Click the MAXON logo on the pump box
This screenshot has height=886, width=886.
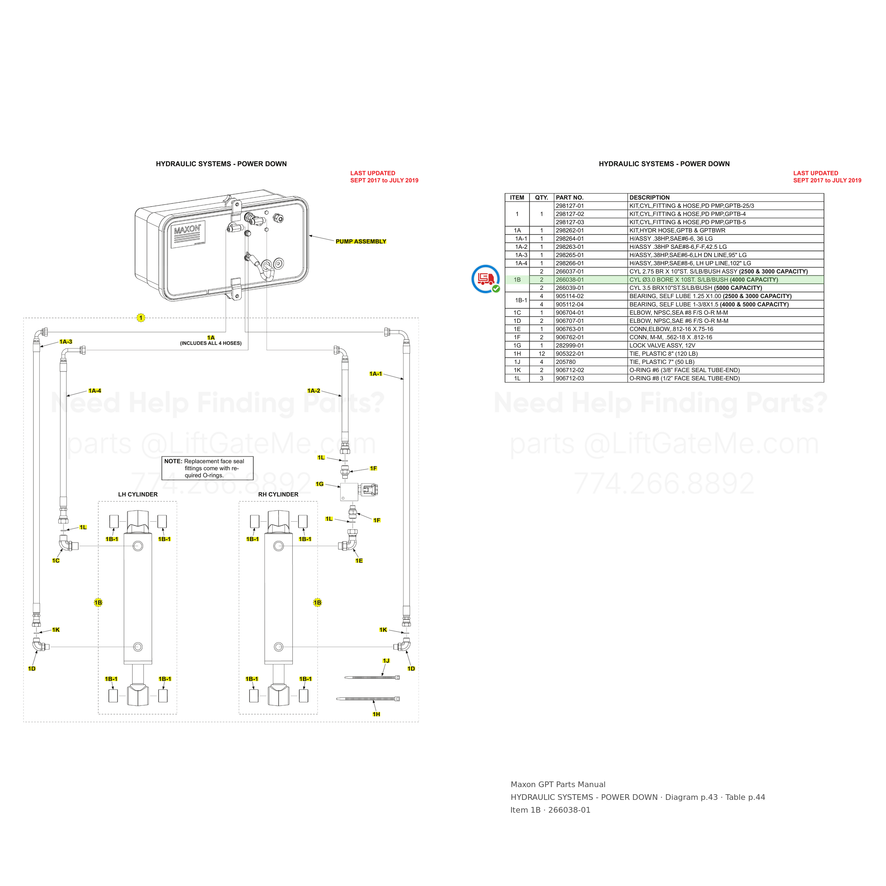pyautogui.click(x=187, y=228)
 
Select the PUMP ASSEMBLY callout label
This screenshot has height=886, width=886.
pyautogui.click(x=361, y=242)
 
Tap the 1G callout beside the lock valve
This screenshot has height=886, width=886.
pyautogui.click(x=320, y=484)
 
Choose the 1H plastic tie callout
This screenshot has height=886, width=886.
pyautogui.click(x=376, y=714)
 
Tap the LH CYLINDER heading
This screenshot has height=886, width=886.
pyautogui.click(x=138, y=495)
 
